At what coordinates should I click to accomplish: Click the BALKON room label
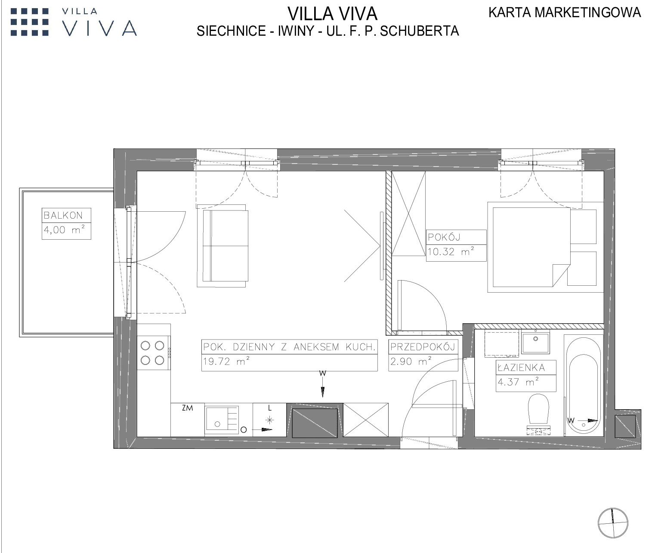pos(63,216)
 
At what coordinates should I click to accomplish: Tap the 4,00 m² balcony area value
pos(64,230)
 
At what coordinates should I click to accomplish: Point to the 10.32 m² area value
pos(451,251)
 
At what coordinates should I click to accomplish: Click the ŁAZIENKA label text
pos(521,368)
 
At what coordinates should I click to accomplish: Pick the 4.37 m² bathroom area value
pos(518,382)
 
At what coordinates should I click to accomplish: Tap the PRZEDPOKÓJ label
pos(423,347)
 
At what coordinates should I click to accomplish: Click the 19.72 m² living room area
pos(226,361)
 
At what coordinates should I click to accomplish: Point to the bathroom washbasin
pos(535,342)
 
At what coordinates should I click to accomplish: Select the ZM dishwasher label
pos(187,408)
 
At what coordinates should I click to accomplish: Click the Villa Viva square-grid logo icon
pos(30,22)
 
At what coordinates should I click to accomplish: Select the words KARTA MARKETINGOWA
pos(565,13)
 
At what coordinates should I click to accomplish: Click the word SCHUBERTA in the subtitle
pos(419,31)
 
